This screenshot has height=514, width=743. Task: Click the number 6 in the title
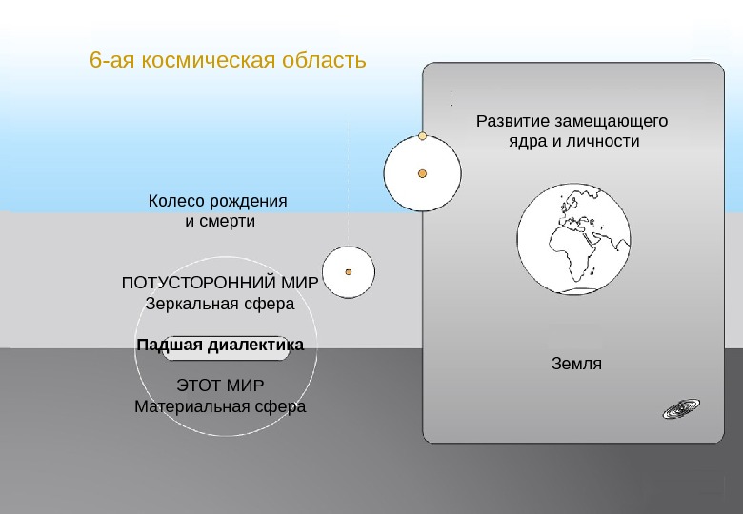tap(94, 61)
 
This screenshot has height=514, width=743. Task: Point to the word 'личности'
tap(601, 142)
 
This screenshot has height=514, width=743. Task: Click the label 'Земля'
tap(576, 364)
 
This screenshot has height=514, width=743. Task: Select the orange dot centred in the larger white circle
tap(422, 173)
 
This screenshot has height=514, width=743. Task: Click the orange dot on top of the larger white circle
tap(422, 135)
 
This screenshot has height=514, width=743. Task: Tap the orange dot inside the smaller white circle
tap(348, 271)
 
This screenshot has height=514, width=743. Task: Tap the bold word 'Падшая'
tap(170, 345)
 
